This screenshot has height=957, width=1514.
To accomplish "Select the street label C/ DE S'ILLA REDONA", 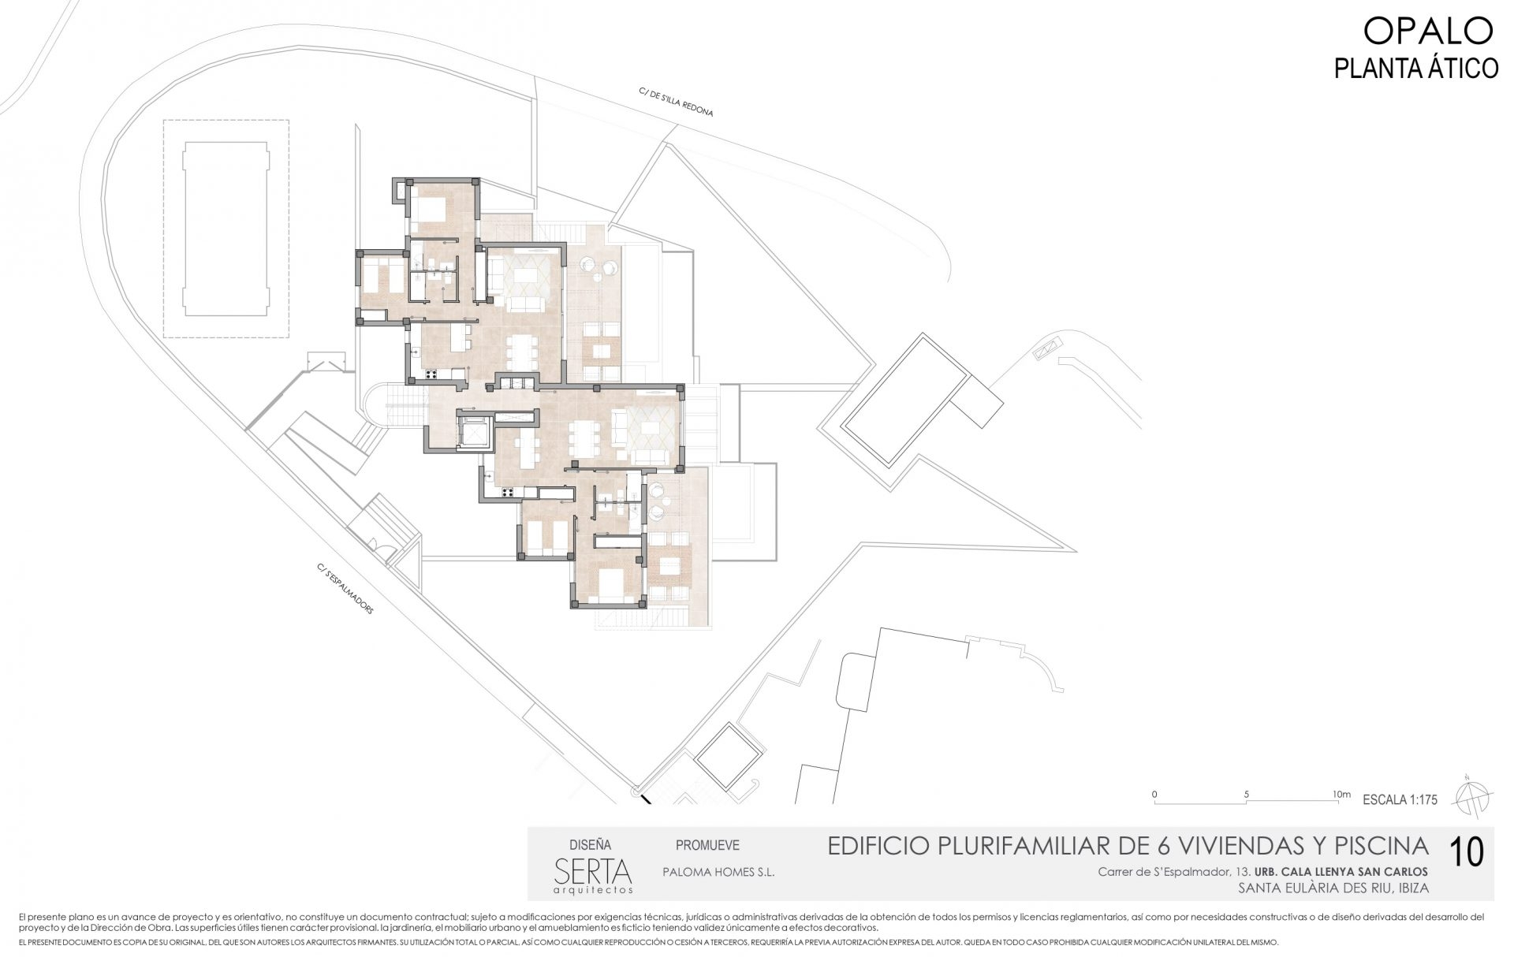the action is (677, 102).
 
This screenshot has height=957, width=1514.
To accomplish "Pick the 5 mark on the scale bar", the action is (1247, 794).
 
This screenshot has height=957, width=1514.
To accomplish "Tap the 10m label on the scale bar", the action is (1341, 794).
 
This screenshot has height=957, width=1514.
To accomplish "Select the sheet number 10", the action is (1467, 852).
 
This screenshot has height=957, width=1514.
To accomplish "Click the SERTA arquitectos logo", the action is (593, 873).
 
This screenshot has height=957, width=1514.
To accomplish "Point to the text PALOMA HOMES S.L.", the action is (718, 873).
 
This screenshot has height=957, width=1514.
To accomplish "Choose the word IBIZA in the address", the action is (1411, 888).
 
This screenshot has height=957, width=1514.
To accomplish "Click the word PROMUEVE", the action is (707, 846).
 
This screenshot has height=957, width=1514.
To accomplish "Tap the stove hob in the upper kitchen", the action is (432, 375).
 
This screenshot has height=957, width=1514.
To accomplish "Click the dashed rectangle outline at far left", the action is (226, 229).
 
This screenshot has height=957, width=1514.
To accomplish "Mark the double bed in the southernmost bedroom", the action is (610, 585).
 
